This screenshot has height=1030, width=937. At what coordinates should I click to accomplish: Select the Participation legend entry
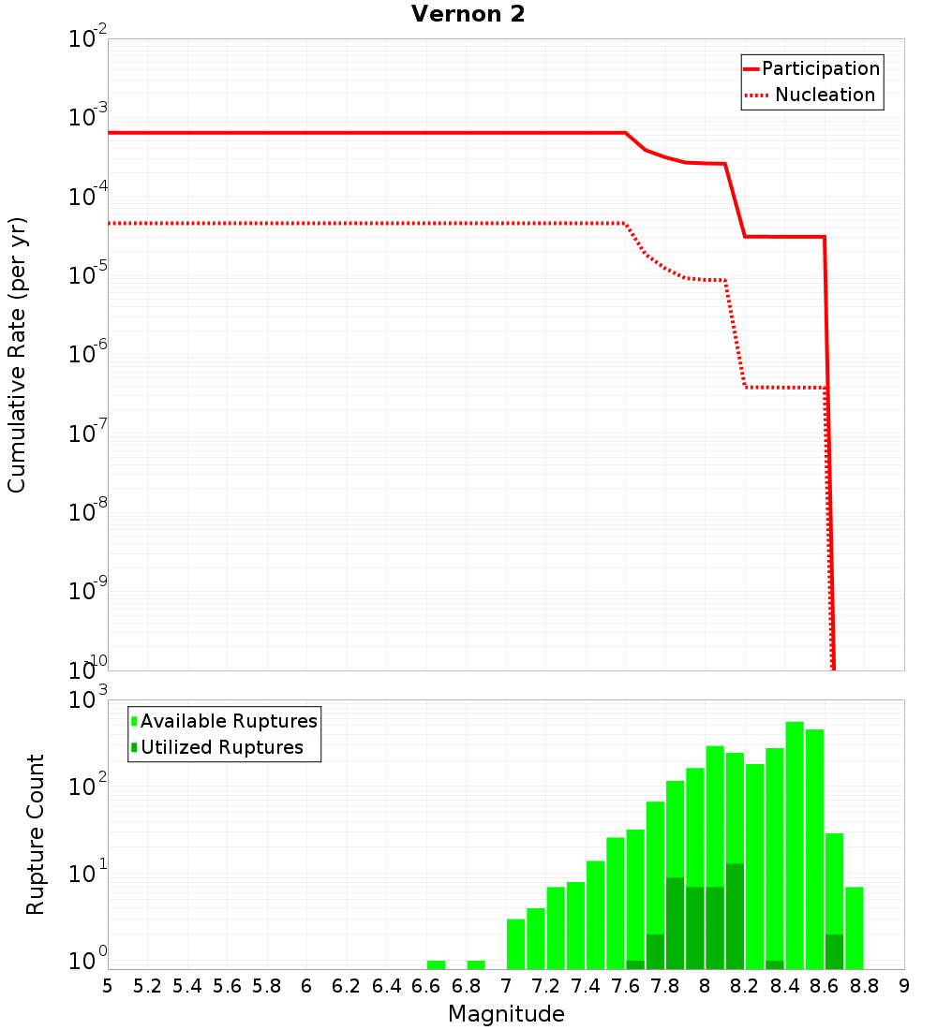point(820,68)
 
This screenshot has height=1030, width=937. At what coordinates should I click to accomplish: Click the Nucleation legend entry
point(824,95)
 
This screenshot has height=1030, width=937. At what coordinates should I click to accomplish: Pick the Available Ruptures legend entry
point(228,721)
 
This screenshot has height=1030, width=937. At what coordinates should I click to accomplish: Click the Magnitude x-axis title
point(506,1014)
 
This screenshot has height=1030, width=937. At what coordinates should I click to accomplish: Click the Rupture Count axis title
point(36,833)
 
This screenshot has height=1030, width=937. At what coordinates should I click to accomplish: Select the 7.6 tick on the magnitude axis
point(626,986)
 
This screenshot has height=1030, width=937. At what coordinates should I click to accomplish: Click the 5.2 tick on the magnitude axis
point(147,986)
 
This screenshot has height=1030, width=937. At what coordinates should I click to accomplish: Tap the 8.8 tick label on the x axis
point(865,986)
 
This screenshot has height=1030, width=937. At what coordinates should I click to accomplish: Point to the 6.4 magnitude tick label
point(386,986)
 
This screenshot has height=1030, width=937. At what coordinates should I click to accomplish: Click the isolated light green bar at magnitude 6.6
point(436,964)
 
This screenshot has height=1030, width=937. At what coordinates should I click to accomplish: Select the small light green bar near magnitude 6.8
point(476,964)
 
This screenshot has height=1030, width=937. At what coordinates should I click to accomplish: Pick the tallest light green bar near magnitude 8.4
point(795,843)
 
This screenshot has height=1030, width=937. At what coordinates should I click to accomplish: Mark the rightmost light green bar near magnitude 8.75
point(854,927)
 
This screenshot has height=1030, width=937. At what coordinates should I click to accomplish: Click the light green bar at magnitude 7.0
point(515,944)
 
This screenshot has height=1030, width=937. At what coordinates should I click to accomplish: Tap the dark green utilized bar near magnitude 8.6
point(834,951)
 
